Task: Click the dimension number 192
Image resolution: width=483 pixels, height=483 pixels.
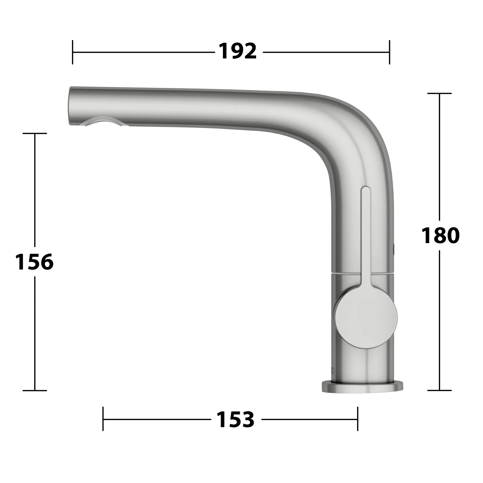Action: click(x=238, y=52)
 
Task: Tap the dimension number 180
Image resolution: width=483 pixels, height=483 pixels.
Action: click(x=440, y=236)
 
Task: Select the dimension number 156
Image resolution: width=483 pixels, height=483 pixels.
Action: click(x=34, y=262)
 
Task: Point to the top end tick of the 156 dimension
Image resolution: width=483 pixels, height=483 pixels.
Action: click(x=35, y=133)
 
